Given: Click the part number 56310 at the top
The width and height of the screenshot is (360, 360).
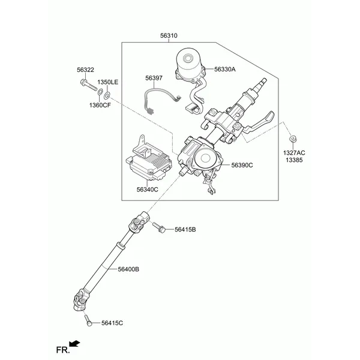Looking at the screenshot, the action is tap(169, 35).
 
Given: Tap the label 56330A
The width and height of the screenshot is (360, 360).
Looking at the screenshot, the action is tap(225, 69).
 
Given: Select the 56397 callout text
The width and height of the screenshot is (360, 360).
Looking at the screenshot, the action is tap(154, 78).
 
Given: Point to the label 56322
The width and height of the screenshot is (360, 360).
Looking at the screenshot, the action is tap(85, 70).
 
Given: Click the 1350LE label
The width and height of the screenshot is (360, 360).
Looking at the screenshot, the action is tap(108, 82).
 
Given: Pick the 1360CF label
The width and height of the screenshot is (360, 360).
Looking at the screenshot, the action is tap(100, 105).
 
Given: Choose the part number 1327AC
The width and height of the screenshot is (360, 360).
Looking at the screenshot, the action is tap(294, 152).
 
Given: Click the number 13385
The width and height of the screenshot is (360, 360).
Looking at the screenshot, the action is tap(294, 160).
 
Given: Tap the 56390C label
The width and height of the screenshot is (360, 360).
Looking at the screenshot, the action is tap(242, 165).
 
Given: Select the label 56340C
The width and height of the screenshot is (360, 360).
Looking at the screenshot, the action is tap(148, 190).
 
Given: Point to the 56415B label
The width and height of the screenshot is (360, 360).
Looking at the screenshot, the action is tap(185, 229).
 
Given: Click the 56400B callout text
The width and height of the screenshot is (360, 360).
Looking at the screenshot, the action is tap(128, 269).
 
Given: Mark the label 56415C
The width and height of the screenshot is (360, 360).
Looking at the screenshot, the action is tap(112, 323).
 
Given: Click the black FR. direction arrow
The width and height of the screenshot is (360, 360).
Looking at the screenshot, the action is tap(74, 344).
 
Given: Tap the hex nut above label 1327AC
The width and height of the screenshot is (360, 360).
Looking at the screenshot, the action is tap(293, 139).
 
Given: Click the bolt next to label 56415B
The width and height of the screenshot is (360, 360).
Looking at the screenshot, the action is tap(158, 227).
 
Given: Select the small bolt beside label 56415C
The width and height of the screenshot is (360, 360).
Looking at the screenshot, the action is tap(88, 320).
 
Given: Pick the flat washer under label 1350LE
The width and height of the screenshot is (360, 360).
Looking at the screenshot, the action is tap(107, 95).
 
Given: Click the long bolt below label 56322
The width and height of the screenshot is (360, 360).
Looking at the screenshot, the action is tap(89, 85).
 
